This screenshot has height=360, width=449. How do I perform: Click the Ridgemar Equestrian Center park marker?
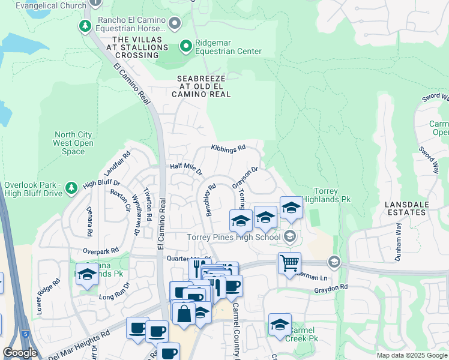tap(186, 46)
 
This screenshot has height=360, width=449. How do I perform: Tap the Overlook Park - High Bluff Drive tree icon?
tap(71, 188)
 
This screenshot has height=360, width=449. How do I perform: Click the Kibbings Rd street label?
tap(228, 148)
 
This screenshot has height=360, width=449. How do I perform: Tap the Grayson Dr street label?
tap(245, 178)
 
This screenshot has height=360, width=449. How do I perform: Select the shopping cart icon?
tap(290, 263)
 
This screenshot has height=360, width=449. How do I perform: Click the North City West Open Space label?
tap(73, 143)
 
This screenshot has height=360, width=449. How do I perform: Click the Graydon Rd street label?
tap(331, 288)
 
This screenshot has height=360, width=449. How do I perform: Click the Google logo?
tap(20, 353)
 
